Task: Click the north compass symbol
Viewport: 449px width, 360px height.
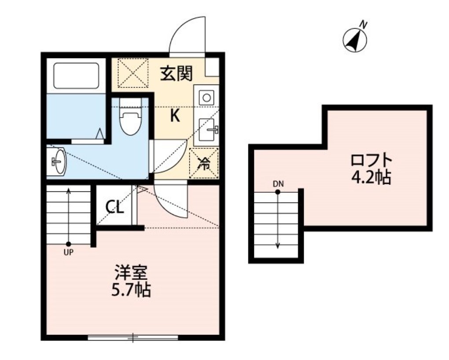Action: [x=355, y=40]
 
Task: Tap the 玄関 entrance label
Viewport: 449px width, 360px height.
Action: [x=176, y=73]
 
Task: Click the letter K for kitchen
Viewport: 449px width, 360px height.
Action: [x=175, y=116]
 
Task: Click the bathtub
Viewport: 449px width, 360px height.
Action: [x=76, y=75]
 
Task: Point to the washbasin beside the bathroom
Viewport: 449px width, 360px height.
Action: [x=58, y=161]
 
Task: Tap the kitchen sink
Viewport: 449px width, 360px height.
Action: [x=207, y=128]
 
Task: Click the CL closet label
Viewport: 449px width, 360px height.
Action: [x=114, y=206]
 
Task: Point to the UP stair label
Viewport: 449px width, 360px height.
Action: [x=69, y=252]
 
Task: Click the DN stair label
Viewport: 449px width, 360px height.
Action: [x=277, y=184]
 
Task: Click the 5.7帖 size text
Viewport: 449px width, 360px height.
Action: [x=131, y=290]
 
